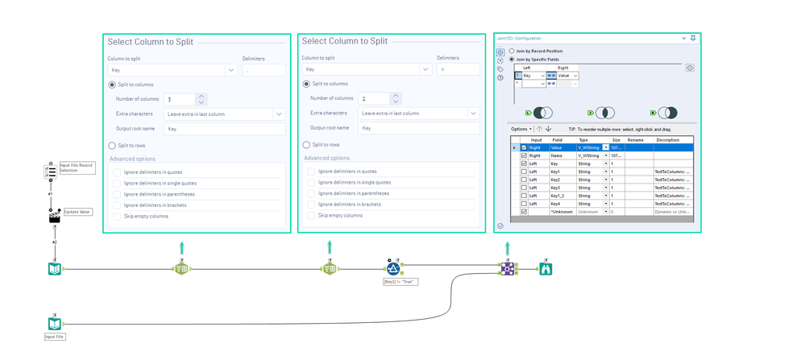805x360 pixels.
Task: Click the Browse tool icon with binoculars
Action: click(546, 269)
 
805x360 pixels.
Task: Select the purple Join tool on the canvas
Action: click(507, 269)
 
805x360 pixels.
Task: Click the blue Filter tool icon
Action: click(393, 269)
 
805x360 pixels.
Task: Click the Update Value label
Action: click(77, 213)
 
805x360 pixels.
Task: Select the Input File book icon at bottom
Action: click(54, 324)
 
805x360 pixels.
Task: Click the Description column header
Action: click(667, 139)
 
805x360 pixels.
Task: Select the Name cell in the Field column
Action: click(557, 155)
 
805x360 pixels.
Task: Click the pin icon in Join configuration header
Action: click(693, 38)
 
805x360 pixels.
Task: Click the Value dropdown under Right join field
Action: click(566, 75)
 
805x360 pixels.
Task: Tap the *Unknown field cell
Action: click(561, 211)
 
